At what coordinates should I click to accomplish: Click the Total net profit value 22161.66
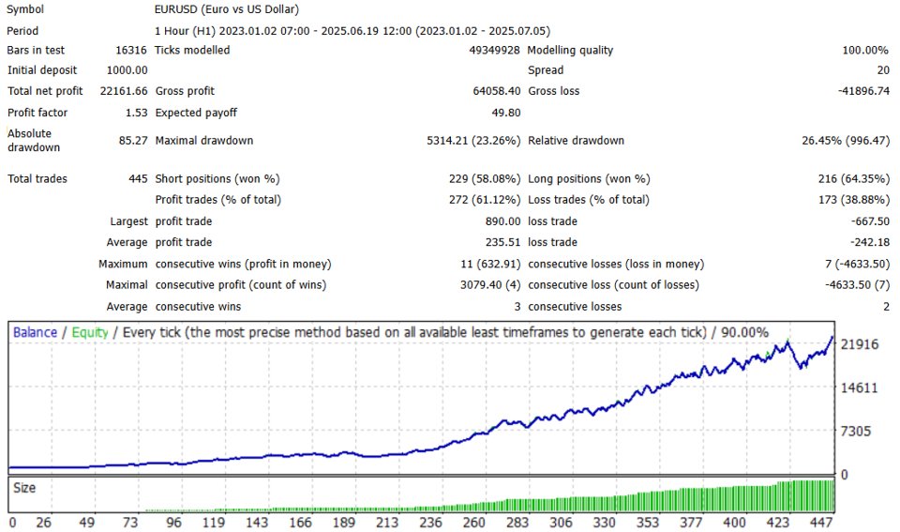coord(123,91)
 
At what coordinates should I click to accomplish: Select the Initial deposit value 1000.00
coord(127,69)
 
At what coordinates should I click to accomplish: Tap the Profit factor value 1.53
coord(135,113)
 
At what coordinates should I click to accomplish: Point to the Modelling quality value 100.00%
coord(864,50)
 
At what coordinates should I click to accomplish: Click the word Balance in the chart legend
coord(35,332)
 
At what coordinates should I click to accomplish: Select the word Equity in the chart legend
coord(90,332)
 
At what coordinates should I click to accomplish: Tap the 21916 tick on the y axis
coord(859,344)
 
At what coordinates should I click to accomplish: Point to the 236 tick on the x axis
coord(432,522)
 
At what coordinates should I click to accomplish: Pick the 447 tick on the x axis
coord(822,522)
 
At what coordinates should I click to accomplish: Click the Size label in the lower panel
coord(25,488)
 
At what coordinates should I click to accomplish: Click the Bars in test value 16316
coord(129,50)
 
